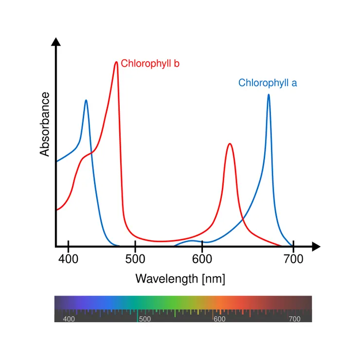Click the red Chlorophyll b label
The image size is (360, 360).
point(150,63)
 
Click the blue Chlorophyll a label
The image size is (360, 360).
point(268,83)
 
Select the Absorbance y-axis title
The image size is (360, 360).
point(45,124)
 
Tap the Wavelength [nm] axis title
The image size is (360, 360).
point(180,279)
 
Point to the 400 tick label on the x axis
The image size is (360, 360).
point(68,259)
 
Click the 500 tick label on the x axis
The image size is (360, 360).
point(135,259)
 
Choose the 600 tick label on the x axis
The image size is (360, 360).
point(201,259)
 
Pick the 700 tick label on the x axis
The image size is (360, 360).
point(293,259)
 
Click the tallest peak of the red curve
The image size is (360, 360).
point(116,62)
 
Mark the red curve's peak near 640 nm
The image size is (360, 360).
point(229,144)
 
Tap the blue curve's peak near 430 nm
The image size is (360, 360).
point(86,101)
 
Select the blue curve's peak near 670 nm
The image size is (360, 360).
point(269,95)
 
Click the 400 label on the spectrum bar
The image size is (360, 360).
point(69,319)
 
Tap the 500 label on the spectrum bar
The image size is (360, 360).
point(145,319)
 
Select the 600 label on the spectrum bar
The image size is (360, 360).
point(219,319)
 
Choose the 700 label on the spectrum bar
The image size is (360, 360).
point(294,319)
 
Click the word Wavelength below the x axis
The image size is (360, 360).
point(166,279)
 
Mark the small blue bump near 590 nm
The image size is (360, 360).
point(193,241)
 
